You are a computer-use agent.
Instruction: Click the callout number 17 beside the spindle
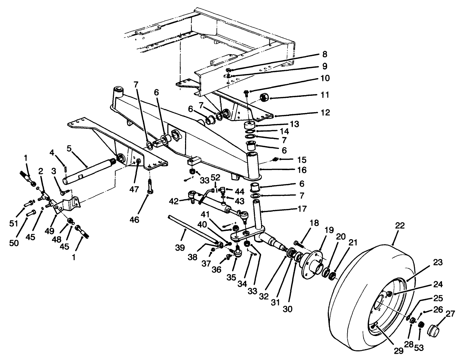[x=302, y=209]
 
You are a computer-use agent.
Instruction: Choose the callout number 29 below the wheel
[x=398, y=351]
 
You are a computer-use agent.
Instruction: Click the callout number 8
[x=324, y=55]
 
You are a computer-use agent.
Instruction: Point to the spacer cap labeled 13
[x=251, y=126]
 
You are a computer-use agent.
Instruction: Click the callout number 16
[x=302, y=170]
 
